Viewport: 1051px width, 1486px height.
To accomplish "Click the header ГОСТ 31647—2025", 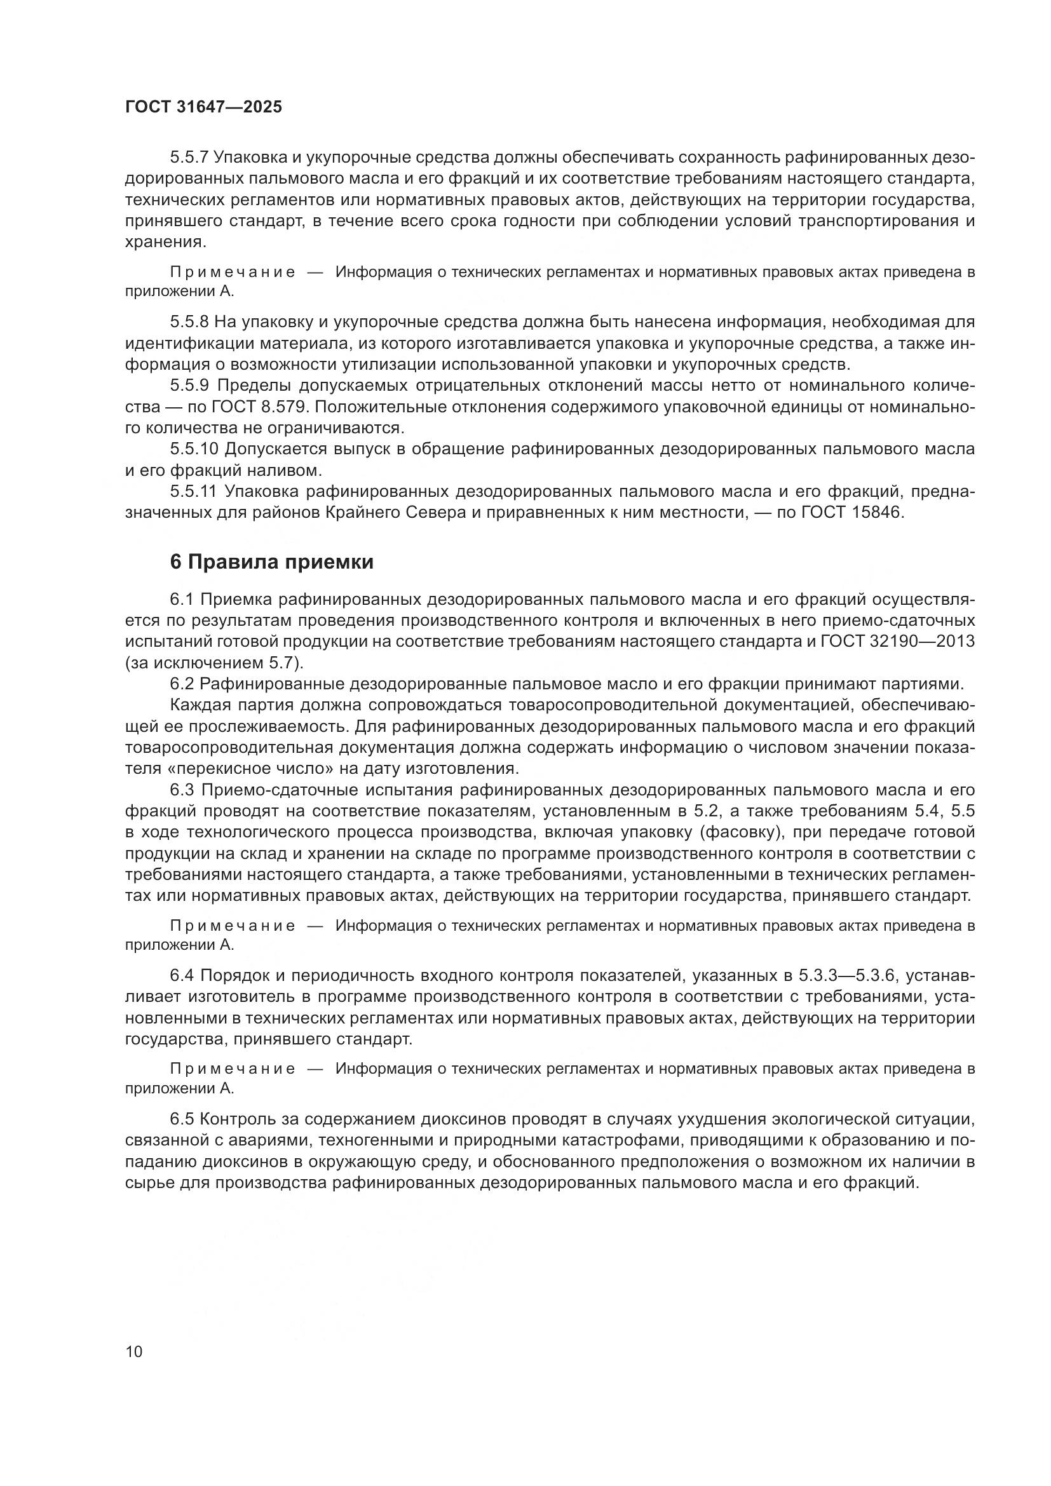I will [x=203, y=107].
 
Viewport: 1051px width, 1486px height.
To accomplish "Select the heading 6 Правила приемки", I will [x=272, y=562].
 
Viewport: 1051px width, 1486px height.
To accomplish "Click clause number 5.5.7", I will [x=189, y=158].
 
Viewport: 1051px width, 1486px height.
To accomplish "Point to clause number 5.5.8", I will [x=189, y=321].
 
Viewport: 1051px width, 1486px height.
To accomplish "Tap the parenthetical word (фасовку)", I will [x=674, y=832].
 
